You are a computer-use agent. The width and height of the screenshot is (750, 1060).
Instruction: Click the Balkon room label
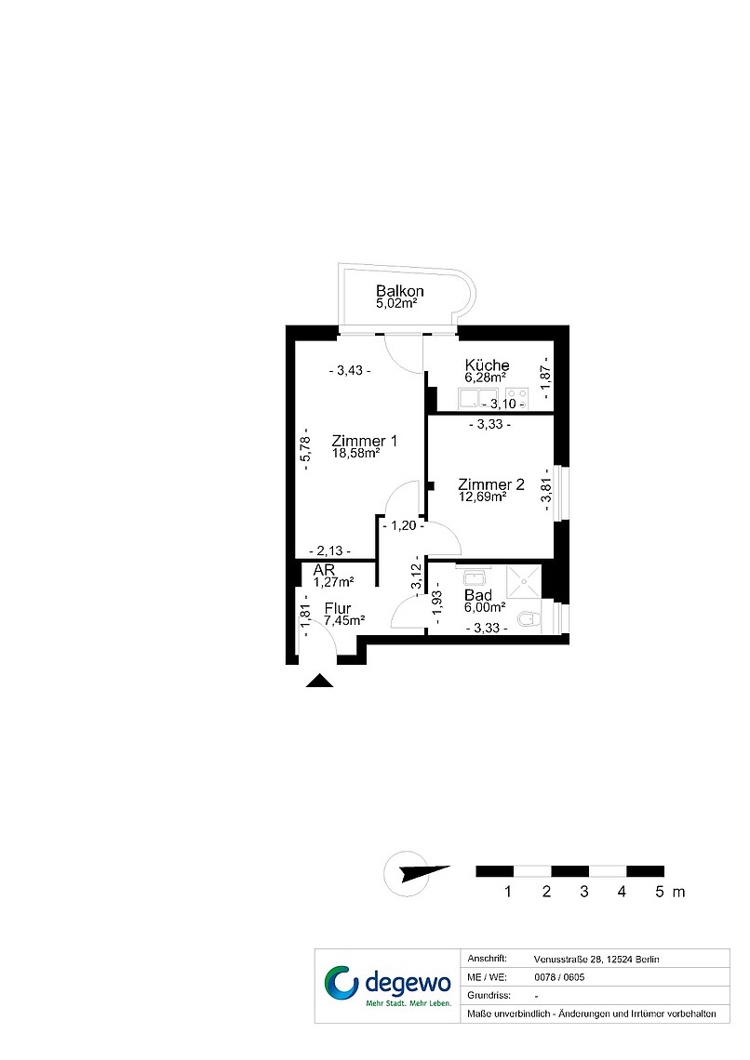(x=400, y=291)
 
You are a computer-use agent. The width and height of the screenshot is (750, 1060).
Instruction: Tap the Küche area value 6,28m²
(x=486, y=378)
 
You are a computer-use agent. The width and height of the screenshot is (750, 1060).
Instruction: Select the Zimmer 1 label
(x=365, y=441)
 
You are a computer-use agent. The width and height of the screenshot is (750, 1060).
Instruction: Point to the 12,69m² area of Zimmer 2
(x=482, y=497)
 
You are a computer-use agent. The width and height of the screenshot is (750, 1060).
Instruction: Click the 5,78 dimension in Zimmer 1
(x=306, y=449)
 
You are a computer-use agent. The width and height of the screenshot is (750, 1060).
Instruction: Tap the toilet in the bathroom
(x=529, y=618)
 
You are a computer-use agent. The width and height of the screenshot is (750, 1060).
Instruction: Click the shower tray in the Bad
(x=524, y=581)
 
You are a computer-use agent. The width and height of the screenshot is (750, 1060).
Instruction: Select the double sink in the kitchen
(x=479, y=398)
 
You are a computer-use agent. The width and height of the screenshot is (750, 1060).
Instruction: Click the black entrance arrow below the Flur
(x=319, y=681)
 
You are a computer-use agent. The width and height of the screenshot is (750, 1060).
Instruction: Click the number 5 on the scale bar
(x=660, y=892)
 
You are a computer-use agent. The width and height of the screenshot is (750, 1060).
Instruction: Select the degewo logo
(x=387, y=985)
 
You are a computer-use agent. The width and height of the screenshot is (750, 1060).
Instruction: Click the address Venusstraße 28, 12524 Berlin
(x=596, y=959)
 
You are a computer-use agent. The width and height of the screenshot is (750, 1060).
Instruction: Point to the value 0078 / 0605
(x=559, y=977)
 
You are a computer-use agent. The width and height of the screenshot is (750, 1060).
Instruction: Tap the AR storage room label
(x=324, y=570)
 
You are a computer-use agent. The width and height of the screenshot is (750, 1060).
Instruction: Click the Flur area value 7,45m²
(x=344, y=620)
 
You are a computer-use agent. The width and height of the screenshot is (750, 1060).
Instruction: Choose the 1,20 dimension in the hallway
(x=403, y=525)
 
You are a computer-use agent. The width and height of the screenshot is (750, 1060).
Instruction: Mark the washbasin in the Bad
(x=473, y=578)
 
